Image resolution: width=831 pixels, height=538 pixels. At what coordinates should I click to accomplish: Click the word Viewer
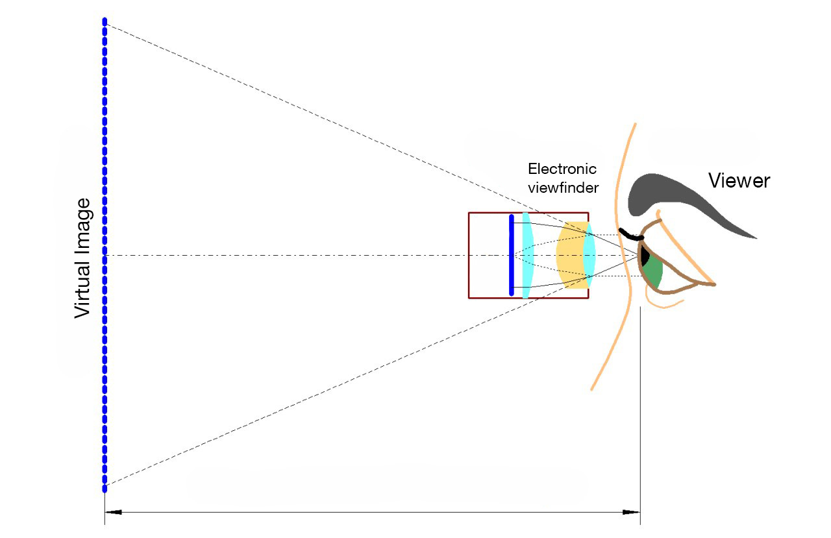tap(739, 180)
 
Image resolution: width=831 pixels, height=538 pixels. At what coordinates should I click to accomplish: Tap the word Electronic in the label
tap(562, 169)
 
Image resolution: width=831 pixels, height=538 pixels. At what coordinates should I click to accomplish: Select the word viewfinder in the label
tap(562, 187)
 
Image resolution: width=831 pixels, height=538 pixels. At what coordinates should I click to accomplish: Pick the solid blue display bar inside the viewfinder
tap(512, 255)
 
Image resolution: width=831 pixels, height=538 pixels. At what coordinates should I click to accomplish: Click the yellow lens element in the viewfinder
tap(569, 255)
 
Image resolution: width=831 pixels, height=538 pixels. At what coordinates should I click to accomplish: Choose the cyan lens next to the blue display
tap(527, 255)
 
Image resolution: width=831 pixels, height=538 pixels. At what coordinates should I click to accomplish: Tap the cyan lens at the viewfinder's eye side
tap(589, 255)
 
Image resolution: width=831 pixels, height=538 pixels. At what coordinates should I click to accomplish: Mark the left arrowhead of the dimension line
tap(113, 513)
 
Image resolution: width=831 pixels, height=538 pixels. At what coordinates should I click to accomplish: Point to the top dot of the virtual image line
tap(105, 21)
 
